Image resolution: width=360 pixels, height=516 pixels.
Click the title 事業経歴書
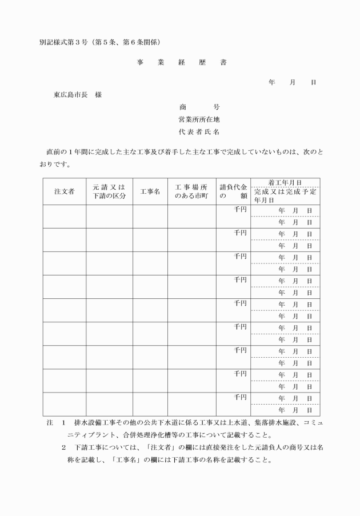[181, 62]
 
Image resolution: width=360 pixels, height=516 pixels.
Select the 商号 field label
[199, 107]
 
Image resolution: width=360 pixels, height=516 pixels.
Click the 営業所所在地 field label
[199, 119]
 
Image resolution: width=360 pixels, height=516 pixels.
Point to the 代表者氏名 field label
[199, 132]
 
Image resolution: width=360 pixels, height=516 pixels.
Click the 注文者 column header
[65, 191]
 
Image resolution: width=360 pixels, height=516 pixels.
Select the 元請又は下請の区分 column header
[109, 191]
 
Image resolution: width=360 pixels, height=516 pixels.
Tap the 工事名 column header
[150, 191]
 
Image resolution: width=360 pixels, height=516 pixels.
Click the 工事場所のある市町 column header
[191, 191]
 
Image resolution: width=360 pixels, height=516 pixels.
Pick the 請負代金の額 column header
[233, 191]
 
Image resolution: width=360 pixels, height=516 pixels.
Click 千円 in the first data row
[240, 209]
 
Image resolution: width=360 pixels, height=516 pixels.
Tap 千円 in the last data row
[240, 397]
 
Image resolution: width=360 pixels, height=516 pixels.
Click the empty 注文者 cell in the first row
[65, 216]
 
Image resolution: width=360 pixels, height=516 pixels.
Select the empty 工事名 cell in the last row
[150, 404]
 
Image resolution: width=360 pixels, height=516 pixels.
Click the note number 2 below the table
[64, 447]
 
